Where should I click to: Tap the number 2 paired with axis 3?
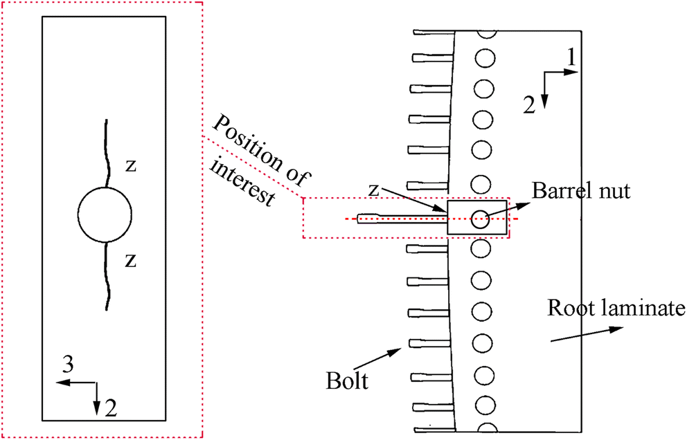coord(110,408)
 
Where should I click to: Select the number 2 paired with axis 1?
coord(528,104)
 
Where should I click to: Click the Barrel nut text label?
coord(582,192)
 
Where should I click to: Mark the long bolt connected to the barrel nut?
coord(402,219)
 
